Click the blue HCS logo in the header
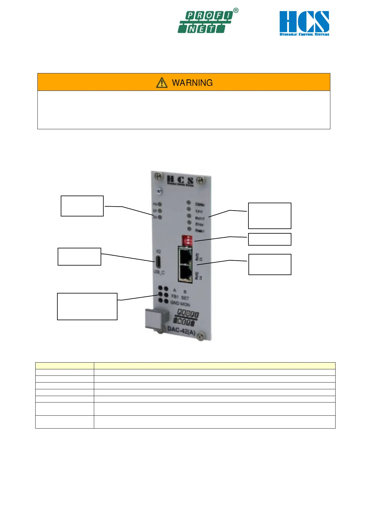click(304, 23)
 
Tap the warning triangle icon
click(162, 83)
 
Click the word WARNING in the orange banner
click(192, 83)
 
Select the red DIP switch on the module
click(187, 239)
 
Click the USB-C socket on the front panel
click(159, 262)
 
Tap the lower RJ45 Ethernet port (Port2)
click(186, 272)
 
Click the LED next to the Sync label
click(189, 209)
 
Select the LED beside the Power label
click(189, 229)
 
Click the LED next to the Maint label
click(189, 216)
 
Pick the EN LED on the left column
click(160, 217)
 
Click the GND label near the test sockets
click(175, 303)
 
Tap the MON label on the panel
click(185, 304)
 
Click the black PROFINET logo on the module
click(187, 317)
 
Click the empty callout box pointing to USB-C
click(79, 257)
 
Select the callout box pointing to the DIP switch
click(269, 239)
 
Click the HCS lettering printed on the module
click(180, 180)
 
